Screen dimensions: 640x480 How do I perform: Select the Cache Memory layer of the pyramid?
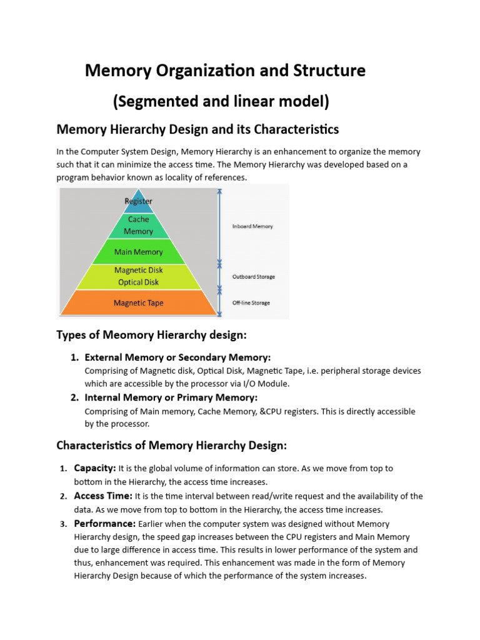(138, 226)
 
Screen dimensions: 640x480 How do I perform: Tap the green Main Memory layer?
(138, 252)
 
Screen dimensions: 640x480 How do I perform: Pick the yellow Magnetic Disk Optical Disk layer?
(138, 276)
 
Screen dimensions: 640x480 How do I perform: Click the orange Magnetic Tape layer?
(138, 303)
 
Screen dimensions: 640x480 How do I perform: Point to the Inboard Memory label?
(252, 226)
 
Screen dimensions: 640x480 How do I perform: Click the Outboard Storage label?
(253, 276)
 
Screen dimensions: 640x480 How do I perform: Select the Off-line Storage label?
(251, 303)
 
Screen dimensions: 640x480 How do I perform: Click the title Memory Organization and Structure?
(225, 71)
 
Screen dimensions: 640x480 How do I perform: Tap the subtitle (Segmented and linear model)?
(221, 101)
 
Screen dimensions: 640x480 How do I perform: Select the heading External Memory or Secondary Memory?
(177, 357)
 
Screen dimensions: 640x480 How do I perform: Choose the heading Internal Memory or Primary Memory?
(171, 397)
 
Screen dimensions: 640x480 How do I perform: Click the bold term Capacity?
(94, 468)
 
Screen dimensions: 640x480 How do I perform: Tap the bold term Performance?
(104, 523)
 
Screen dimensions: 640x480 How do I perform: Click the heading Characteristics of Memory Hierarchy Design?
(171, 446)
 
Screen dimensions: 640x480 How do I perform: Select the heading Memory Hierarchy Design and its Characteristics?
(197, 129)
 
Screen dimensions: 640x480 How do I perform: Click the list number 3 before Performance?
(63, 524)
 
